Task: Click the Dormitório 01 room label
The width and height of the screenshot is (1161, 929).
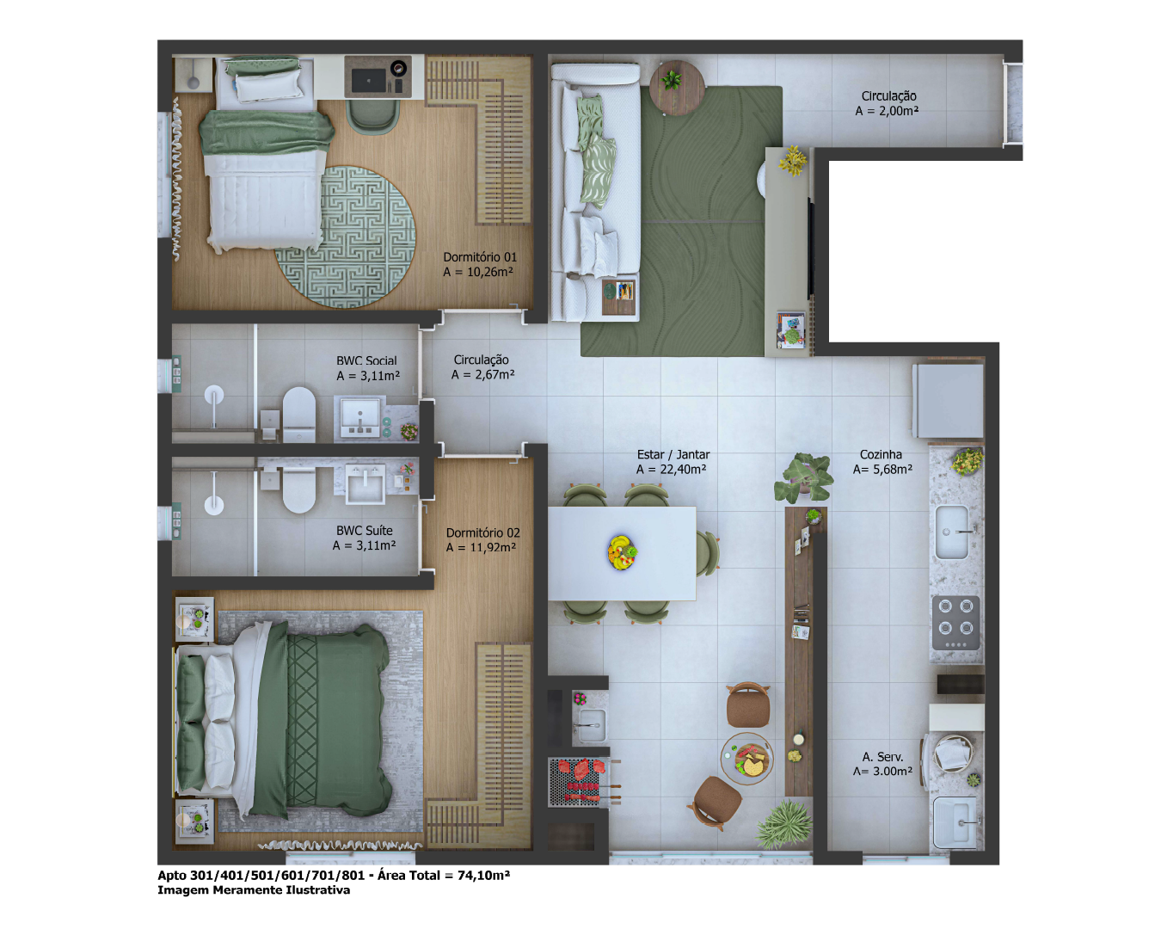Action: point(480,257)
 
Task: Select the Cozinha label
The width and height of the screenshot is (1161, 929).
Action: point(881,454)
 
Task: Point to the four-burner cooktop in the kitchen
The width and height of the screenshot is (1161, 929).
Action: point(955,623)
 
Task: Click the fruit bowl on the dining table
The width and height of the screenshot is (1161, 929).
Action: point(623,552)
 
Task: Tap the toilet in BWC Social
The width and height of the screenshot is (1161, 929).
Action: point(299,414)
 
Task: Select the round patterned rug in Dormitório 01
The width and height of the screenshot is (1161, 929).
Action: point(346,237)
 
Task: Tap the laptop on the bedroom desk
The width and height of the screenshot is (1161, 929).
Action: point(368,81)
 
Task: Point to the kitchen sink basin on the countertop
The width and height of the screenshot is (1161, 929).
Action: point(952,532)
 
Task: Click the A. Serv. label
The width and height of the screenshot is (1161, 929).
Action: point(882,757)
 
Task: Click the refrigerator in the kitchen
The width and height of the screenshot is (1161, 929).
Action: point(949,400)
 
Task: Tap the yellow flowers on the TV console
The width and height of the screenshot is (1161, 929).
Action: point(793,160)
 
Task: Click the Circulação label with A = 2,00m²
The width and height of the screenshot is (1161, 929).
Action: point(888,96)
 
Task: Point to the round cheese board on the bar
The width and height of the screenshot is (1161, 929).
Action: point(747,759)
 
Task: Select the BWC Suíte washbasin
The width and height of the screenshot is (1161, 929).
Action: point(365,483)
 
